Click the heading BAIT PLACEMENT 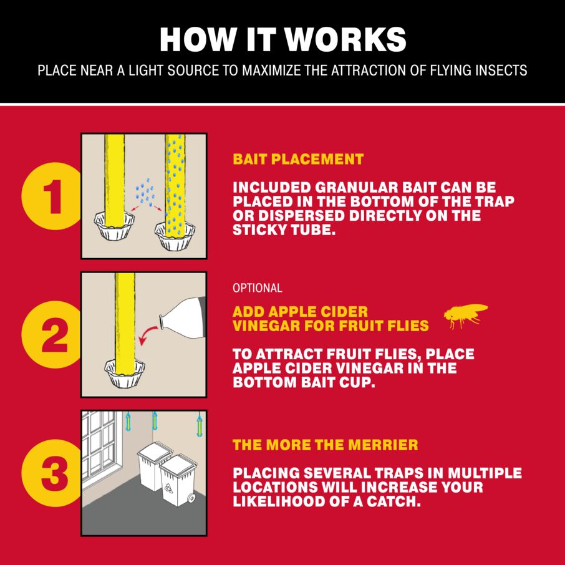click(x=298, y=159)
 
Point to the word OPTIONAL click(x=258, y=288)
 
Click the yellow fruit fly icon click(x=466, y=316)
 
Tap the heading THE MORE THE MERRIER click(x=326, y=445)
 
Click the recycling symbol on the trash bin click(x=168, y=488)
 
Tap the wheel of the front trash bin click(x=191, y=498)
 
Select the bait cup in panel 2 click(x=125, y=374)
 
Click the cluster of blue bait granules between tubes click(x=145, y=192)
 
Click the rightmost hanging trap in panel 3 click(x=200, y=425)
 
